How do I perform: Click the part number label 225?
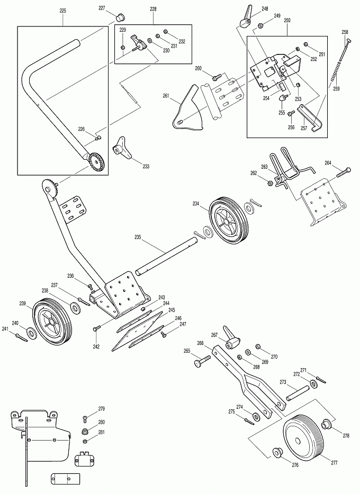click(62, 11)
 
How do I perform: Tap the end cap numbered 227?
click(120, 17)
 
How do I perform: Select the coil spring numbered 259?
click(336, 71)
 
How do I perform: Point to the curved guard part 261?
click(188, 108)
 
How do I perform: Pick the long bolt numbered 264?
click(343, 172)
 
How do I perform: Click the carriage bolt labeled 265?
click(202, 361)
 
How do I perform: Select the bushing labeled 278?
click(326, 424)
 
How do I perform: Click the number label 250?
click(287, 21)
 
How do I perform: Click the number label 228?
click(153, 10)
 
